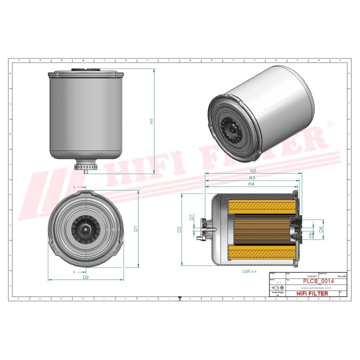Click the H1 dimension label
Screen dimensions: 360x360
[152, 121]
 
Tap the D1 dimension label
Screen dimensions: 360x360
[135, 229]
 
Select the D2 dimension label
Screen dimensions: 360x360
[85, 277]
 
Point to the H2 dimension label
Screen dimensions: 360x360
[253, 171]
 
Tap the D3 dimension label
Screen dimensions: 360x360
[179, 230]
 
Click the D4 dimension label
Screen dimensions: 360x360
[321, 230]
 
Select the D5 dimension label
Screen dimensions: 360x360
[311, 234]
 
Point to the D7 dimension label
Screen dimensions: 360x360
[191, 217]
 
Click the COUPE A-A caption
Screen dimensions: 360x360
[248, 270]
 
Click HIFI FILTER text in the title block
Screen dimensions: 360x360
[312, 293]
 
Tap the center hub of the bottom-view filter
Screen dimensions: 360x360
[86, 230]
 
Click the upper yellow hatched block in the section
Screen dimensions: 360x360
[260, 205]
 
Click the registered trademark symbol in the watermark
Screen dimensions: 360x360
[329, 123]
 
